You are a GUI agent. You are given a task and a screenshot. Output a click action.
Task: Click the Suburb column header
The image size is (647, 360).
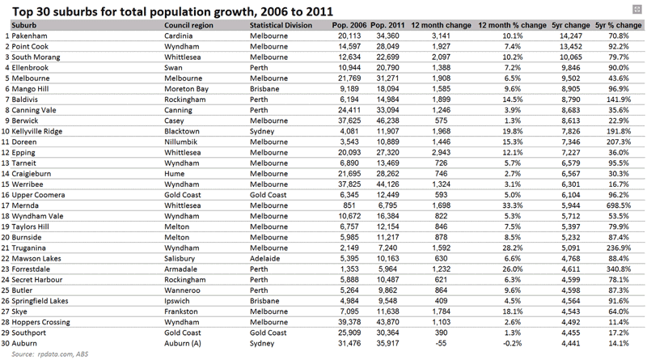tap(24, 25)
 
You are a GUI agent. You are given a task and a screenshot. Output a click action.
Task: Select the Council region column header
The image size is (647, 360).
tap(188, 25)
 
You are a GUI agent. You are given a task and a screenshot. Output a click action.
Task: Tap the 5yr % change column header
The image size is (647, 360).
tap(618, 25)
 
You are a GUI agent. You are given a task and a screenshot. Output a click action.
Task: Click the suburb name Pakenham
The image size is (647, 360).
tap(29, 36)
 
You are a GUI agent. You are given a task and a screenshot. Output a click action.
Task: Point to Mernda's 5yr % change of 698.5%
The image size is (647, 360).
tap(619, 205)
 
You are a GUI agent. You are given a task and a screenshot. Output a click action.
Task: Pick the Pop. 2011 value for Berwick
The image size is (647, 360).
tap(387, 121)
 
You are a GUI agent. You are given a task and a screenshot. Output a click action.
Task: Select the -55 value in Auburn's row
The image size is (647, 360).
tap(441, 343)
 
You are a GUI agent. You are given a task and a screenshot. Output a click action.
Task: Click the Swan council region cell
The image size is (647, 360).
tap(173, 68)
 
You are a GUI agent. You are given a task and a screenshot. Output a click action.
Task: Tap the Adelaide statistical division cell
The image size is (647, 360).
tap(265, 258)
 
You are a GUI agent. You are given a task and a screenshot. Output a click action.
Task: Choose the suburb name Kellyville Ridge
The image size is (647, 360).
tap(36, 131)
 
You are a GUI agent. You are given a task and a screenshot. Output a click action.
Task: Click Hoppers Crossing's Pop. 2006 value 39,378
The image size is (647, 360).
tap(349, 322)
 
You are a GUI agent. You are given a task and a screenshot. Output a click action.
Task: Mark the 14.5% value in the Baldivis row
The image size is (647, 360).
tap(513, 100)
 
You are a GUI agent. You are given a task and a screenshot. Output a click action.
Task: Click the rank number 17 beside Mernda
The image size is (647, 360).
tap(5, 205)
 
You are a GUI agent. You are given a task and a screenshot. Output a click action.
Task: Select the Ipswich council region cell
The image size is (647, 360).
tap(177, 301)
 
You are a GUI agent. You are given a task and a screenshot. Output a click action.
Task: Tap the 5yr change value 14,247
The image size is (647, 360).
tap(571, 36)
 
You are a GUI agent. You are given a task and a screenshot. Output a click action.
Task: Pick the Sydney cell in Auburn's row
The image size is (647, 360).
tap(262, 344)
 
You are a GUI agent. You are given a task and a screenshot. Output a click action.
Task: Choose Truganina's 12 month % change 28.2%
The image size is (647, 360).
tap(513, 248)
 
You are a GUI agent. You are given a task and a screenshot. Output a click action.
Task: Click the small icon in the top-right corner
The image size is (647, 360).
tap(636, 9)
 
